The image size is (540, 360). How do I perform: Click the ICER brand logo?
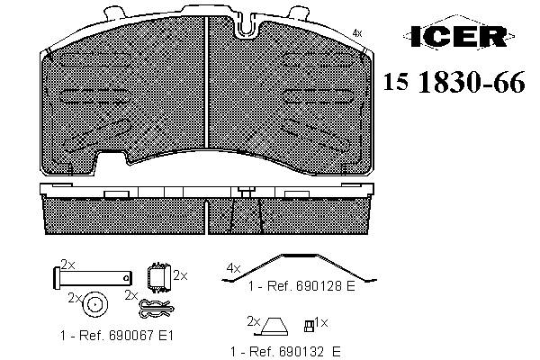pos(459,35)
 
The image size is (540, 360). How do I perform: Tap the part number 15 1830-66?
pos(454,82)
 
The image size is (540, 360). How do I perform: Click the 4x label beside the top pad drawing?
pos(357,33)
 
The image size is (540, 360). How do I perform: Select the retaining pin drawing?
pos(93,278)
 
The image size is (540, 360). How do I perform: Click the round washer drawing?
pos(95,304)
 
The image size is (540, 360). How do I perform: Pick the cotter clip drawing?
pos(156,308)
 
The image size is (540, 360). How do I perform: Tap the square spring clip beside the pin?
pos(158,278)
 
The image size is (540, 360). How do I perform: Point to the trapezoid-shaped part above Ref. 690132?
pos(274,327)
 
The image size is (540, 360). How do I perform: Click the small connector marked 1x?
pos(309,326)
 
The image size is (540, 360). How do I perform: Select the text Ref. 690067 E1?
pos(126,336)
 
